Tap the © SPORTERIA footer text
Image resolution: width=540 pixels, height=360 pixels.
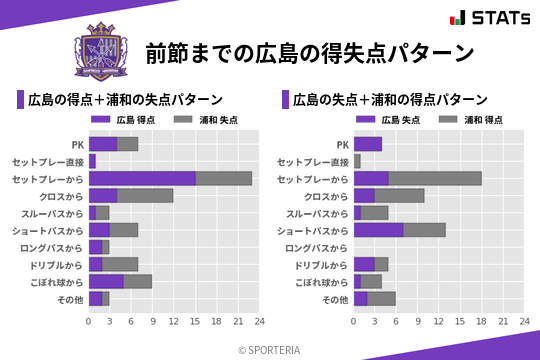[x=270, y=349]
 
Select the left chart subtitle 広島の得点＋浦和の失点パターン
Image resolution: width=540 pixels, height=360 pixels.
[x=125, y=100]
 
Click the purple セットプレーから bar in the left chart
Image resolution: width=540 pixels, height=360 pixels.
[x=142, y=178]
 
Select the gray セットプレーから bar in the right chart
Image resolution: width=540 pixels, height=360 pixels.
[x=435, y=178]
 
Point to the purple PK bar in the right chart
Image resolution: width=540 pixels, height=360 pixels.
[x=368, y=144]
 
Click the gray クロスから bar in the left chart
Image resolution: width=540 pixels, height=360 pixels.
[x=145, y=195]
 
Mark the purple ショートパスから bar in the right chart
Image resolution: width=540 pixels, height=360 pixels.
[x=379, y=230]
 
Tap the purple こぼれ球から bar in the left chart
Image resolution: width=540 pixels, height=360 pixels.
[x=106, y=282]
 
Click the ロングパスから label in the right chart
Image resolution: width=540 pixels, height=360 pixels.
[x=317, y=247]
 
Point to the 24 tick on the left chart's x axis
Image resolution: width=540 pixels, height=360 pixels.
[x=259, y=322]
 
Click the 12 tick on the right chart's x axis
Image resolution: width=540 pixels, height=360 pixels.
[x=439, y=322]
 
